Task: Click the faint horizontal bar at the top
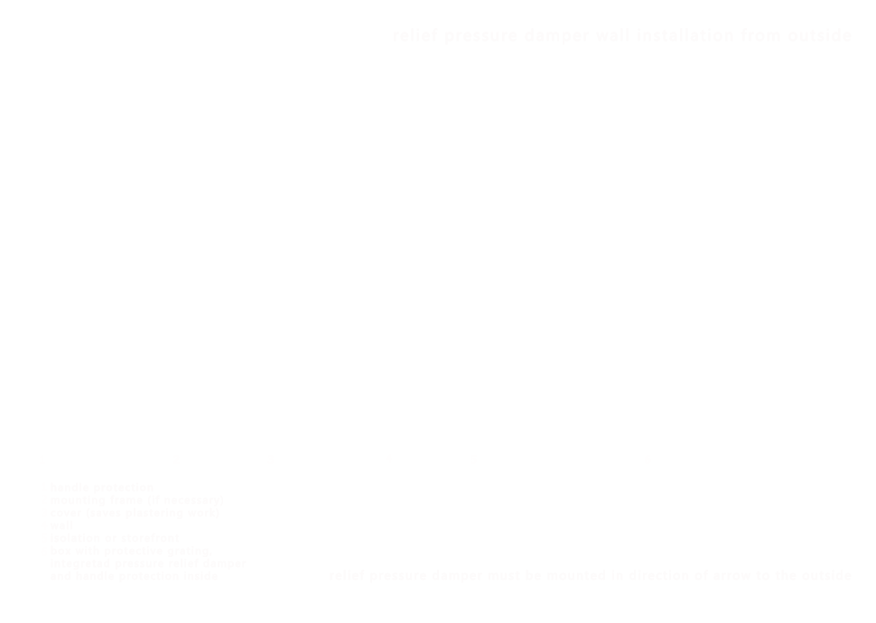coord(623,35)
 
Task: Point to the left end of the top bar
coord(396,36)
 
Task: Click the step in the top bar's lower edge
coord(665,42)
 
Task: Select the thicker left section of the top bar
coord(530,36)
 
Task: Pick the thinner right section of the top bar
coord(758,34)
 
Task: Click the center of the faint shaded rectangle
coord(148,531)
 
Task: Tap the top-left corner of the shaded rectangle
coord(51,482)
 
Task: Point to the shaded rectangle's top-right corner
coord(246,482)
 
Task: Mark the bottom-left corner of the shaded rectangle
coord(51,581)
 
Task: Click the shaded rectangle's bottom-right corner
coord(246,581)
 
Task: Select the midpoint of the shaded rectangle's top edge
coord(148,482)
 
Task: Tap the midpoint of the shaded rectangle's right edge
coord(246,531)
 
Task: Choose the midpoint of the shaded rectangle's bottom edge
coord(148,581)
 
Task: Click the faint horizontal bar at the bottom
coord(592,574)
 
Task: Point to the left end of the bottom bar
coord(333,575)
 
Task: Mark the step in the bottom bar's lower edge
coord(665,581)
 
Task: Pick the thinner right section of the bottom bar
coord(758,573)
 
